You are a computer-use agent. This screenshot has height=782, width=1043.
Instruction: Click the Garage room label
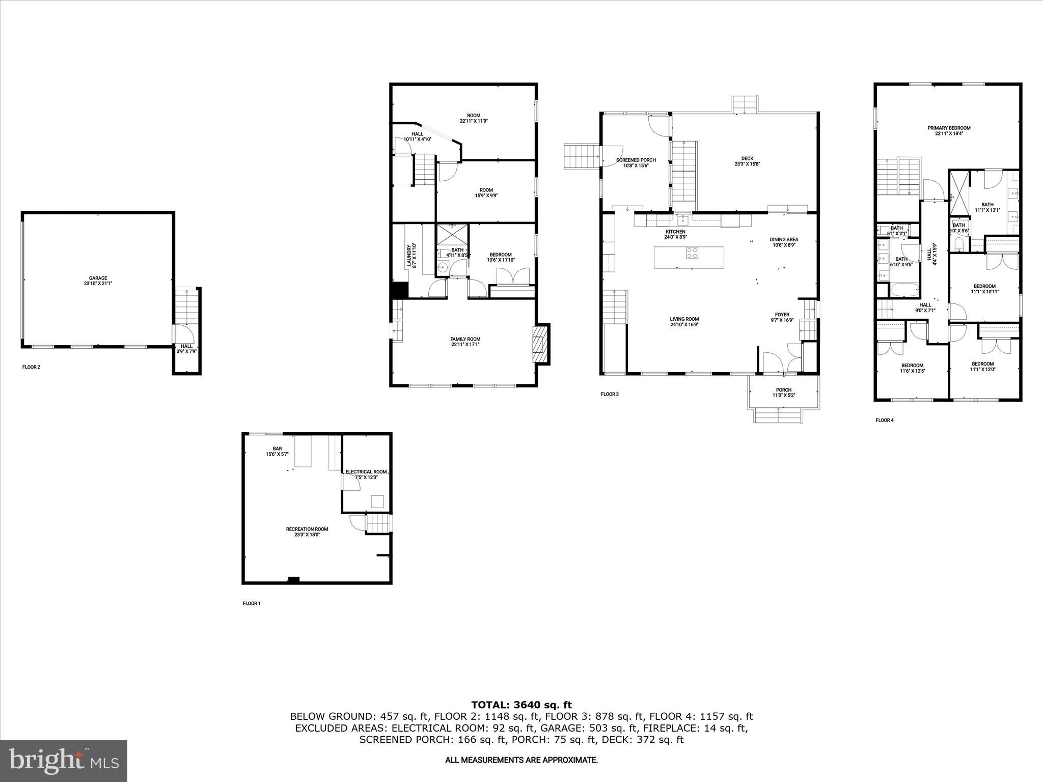(x=98, y=278)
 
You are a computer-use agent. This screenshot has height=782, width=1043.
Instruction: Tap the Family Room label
(x=465, y=340)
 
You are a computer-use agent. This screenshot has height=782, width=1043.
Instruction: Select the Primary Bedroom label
(x=949, y=128)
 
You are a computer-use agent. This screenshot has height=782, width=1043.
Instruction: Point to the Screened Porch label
(x=636, y=160)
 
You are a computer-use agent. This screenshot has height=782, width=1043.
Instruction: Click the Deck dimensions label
(x=747, y=164)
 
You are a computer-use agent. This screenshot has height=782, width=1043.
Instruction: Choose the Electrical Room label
(x=366, y=472)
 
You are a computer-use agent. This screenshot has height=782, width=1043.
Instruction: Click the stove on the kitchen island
(x=692, y=253)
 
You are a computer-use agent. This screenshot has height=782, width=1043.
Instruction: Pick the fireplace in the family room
(x=539, y=344)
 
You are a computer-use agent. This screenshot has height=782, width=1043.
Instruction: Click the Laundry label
(x=408, y=255)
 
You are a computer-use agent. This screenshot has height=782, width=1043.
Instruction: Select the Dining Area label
(x=784, y=239)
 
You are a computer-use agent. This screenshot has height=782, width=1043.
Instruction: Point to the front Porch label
(x=784, y=390)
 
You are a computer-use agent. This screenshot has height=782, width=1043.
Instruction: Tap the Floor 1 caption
(x=252, y=604)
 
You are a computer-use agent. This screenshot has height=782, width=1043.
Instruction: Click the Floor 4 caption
(x=885, y=421)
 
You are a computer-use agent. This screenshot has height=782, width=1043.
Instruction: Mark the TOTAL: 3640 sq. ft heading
(x=521, y=705)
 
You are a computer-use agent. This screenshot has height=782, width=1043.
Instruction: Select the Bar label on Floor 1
(x=277, y=449)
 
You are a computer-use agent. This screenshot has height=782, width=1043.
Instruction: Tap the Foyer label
(x=782, y=315)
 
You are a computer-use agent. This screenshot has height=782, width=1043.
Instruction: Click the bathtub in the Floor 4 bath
(x=905, y=291)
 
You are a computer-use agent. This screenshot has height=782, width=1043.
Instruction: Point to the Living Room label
(x=684, y=319)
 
